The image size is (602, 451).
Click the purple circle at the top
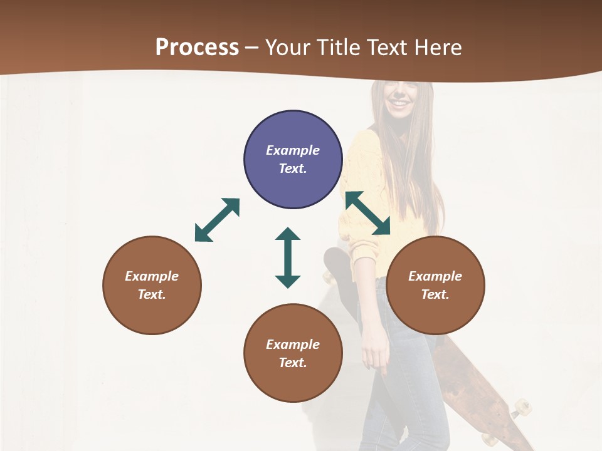[x=293, y=159]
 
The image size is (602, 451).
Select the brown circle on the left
[x=152, y=285]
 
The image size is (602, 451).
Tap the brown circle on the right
[x=435, y=285]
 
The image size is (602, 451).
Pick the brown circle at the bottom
[x=293, y=353]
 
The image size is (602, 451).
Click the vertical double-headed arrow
[x=288, y=257]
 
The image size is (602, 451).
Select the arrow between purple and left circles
[x=217, y=220]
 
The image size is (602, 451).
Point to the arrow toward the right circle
[x=368, y=213]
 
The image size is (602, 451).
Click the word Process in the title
[x=197, y=47]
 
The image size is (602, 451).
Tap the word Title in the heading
[x=335, y=47]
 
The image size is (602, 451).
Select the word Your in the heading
[x=287, y=47]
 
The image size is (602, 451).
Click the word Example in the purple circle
[x=293, y=150]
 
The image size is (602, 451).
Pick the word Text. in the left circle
[x=152, y=294]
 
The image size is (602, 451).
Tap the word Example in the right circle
[x=435, y=276]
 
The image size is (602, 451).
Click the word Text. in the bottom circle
[x=293, y=363]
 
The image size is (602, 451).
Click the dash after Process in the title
[x=251, y=47]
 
